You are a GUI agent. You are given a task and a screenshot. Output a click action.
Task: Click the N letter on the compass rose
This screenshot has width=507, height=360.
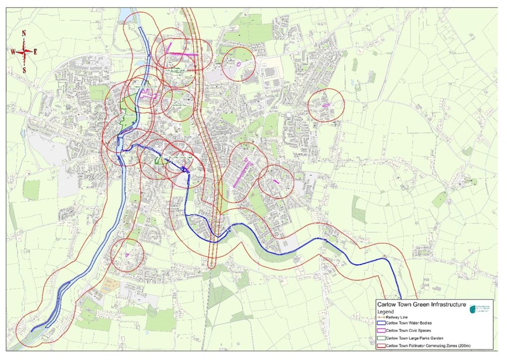point(24,33)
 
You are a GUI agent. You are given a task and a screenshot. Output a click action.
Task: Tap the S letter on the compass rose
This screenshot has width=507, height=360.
point(24,70)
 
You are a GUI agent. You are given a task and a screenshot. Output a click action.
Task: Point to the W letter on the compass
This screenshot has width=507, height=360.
point(13,51)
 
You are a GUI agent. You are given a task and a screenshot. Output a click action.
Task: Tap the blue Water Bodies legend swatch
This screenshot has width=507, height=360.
point(381,323)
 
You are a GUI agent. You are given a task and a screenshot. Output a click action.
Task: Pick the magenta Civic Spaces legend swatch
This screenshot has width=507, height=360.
point(381,330)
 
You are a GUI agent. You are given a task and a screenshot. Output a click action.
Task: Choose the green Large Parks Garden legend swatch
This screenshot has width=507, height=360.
point(381,338)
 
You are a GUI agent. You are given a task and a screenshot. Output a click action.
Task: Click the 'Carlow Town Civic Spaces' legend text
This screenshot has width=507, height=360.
point(409,330)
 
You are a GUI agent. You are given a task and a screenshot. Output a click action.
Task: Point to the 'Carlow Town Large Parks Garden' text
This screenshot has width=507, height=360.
point(416,338)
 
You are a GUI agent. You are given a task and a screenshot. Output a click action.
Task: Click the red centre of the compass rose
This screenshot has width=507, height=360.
point(24,51)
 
